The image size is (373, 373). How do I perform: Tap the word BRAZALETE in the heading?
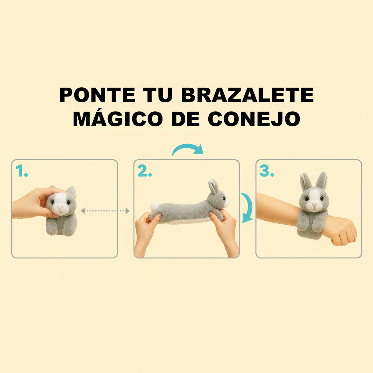(247, 96)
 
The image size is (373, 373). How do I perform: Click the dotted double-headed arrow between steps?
(105, 211)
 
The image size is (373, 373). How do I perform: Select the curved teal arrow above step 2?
(188, 150)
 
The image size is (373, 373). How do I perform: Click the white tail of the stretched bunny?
(155, 206)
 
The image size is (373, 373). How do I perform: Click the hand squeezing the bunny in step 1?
(33, 202)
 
